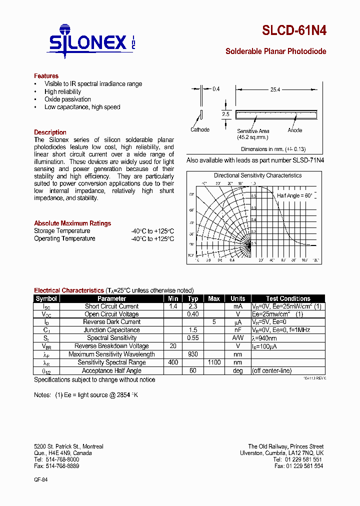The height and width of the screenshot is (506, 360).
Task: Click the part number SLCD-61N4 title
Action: (294, 30)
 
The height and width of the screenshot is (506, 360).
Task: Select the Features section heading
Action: (46, 76)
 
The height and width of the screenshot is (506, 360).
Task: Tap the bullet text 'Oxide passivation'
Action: (67, 99)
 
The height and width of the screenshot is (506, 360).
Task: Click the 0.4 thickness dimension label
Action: (216, 88)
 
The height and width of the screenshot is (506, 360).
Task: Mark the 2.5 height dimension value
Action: (225, 114)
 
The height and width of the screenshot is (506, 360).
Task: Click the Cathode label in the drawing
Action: (200, 130)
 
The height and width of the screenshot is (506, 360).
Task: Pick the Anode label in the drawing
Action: (295, 130)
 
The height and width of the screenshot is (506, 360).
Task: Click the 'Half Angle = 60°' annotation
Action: (294, 195)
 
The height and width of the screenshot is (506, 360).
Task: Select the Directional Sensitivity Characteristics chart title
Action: (257, 175)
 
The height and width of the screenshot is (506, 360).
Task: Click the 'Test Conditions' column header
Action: (288, 298)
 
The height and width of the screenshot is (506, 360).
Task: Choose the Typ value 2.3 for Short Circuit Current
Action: (193, 306)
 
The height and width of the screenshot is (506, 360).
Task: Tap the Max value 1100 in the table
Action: (214, 362)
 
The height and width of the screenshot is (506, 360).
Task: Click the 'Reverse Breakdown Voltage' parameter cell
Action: (111, 346)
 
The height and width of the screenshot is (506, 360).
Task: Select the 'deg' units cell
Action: (237, 370)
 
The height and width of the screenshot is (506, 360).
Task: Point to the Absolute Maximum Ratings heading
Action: (72, 223)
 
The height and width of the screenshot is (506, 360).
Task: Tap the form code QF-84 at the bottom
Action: (40, 479)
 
